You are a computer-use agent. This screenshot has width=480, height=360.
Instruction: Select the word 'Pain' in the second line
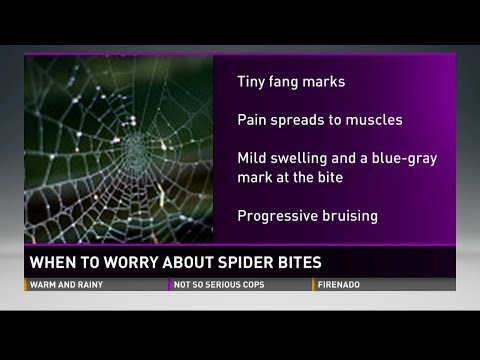253,120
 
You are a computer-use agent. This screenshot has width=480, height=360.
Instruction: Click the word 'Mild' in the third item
252,157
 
